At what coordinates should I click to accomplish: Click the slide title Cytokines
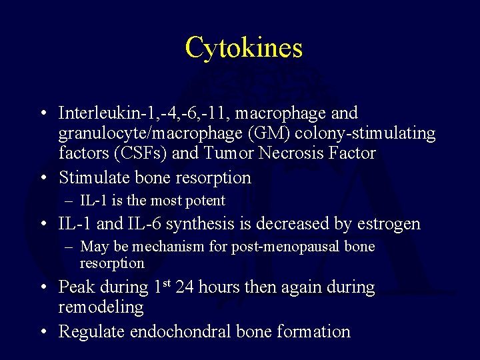click(243, 47)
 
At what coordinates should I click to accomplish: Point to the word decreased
click(301, 223)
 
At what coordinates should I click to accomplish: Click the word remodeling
click(101, 307)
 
